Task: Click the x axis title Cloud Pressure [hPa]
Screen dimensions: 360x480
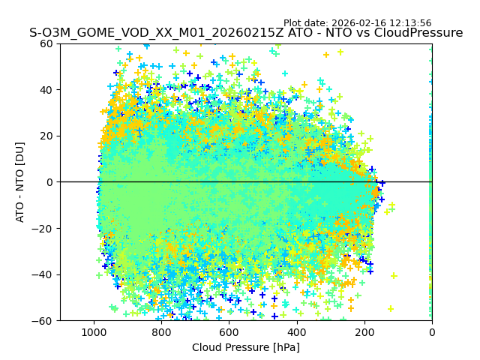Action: [x=246, y=347]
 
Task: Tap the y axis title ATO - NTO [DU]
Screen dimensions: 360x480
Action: [x=21, y=182]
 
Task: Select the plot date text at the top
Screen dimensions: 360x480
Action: [x=357, y=23]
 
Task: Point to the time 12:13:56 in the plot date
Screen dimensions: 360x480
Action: [x=409, y=23]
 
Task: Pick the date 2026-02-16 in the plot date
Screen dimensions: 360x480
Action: [x=358, y=23]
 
